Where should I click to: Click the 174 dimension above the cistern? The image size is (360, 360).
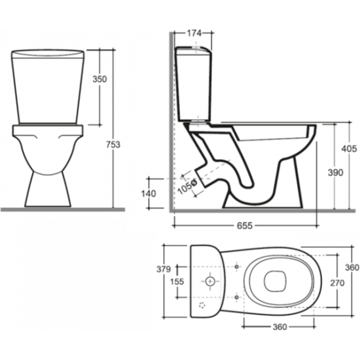coord(194,33)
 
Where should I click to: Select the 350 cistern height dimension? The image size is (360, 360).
coord(99,79)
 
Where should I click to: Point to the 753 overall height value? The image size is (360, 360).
coord(113,145)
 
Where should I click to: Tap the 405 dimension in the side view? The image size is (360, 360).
coord(350,149)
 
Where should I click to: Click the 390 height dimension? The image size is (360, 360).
coord(335,173)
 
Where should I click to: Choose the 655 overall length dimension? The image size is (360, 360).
coord(245,226)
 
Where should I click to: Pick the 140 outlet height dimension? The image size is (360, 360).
coord(149,194)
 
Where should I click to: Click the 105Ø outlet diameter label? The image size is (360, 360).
coord(188,187)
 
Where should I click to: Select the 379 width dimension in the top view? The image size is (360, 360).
coord(164,269)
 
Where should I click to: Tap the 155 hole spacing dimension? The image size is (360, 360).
coord(177,281)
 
